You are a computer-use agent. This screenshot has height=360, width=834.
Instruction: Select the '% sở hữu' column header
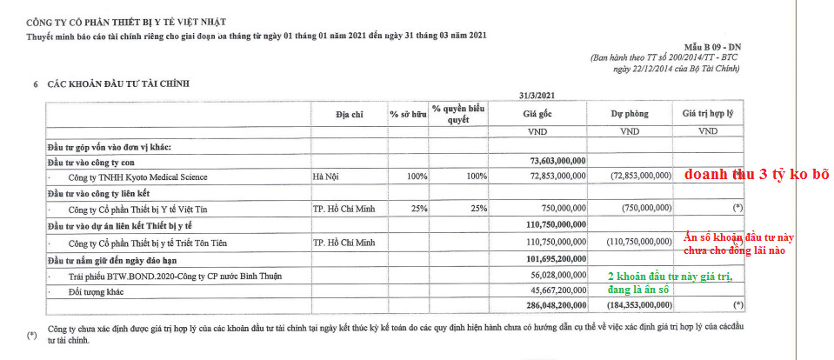(x=406, y=114)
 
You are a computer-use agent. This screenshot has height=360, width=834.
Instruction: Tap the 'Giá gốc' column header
(x=537, y=114)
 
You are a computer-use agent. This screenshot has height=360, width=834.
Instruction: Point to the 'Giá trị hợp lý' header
(x=709, y=114)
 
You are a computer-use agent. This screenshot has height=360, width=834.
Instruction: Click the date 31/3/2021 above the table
(x=536, y=94)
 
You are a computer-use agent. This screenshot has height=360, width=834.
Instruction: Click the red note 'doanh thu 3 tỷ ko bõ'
(x=756, y=174)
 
